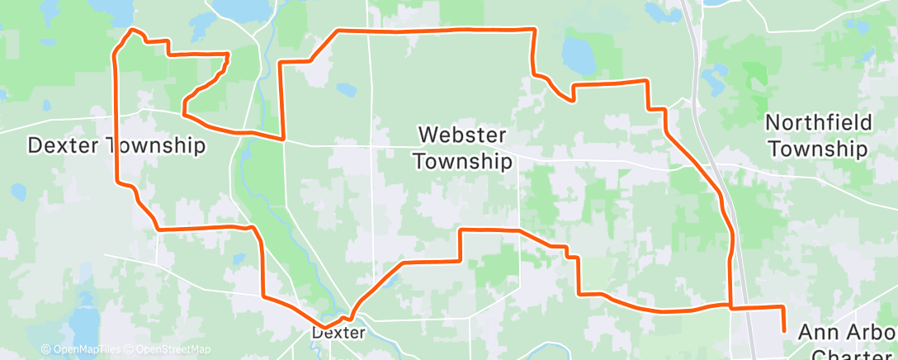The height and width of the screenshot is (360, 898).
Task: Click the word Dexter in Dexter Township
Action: [64, 146]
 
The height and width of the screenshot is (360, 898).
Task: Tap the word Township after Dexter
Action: [155, 146]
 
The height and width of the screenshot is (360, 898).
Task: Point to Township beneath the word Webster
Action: [462, 160]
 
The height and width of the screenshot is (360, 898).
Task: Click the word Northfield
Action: [818, 123]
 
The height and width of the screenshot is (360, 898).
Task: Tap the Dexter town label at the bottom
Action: [338, 333]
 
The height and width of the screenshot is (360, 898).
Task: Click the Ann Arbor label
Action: [847, 333]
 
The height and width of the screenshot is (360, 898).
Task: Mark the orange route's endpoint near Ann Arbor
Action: [783, 331]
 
